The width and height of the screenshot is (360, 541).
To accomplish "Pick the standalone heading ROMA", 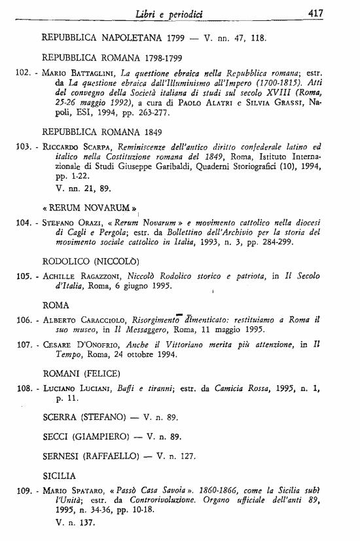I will [x=56, y=305].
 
